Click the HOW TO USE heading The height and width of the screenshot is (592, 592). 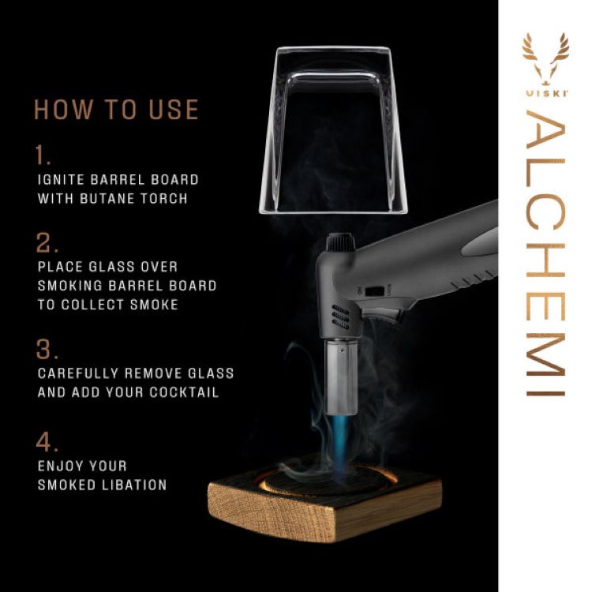click(116, 110)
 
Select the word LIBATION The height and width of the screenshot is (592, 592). click(129, 485)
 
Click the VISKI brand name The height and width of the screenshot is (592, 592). click(545, 93)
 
